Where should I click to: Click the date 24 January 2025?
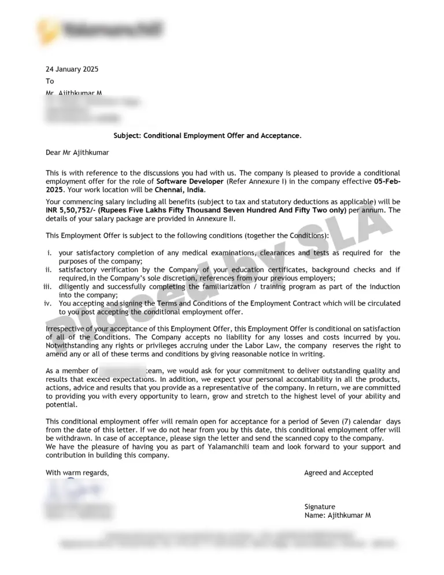[x=72, y=69]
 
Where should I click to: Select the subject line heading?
[x=208, y=136]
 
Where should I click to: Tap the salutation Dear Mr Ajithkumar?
[x=77, y=153]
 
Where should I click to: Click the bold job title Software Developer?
[x=190, y=181]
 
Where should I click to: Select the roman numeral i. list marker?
[x=51, y=253]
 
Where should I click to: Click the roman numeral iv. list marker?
[x=49, y=303]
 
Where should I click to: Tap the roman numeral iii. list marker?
[x=48, y=287]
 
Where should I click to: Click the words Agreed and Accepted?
[x=338, y=473]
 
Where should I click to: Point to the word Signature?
[x=320, y=507]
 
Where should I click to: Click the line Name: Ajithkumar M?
[x=338, y=515]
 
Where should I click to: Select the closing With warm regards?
[x=77, y=473]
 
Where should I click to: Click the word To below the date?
[x=50, y=82]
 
